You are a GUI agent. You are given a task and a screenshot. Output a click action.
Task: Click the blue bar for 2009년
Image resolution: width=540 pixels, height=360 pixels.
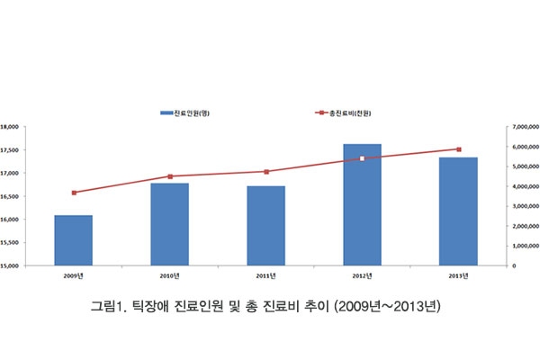click(73, 240)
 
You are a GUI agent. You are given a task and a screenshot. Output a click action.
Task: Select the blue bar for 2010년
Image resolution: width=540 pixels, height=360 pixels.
click(169, 224)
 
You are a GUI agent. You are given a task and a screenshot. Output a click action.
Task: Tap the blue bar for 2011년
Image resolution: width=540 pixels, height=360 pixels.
click(265, 226)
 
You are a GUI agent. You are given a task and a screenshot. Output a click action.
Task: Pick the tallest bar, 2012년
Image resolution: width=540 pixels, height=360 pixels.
click(362, 204)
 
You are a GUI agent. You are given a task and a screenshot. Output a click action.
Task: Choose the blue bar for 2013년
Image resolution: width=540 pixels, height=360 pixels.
click(458, 211)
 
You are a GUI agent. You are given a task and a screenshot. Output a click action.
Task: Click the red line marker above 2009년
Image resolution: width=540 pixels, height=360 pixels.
click(74, 193)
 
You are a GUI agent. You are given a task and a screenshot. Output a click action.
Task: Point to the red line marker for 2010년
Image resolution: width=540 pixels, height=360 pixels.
click(170, 176)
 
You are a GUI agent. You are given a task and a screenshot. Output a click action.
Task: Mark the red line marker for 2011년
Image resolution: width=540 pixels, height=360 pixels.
click(266, 172)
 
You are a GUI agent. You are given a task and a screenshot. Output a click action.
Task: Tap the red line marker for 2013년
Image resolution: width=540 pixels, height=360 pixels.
click(458, 149)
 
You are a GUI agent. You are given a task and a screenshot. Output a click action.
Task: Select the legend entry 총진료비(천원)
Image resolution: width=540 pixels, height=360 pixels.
click(346, 113)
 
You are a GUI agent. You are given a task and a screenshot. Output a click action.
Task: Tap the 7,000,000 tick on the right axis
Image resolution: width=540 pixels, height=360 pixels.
click(524, 128)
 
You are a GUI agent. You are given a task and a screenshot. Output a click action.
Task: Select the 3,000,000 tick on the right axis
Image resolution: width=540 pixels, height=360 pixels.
click(524, 206)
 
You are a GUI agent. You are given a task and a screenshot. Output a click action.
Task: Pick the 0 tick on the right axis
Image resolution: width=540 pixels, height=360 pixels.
click(514, 265)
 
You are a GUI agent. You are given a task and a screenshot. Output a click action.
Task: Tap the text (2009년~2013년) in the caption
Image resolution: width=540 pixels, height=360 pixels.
click(386, 307)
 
